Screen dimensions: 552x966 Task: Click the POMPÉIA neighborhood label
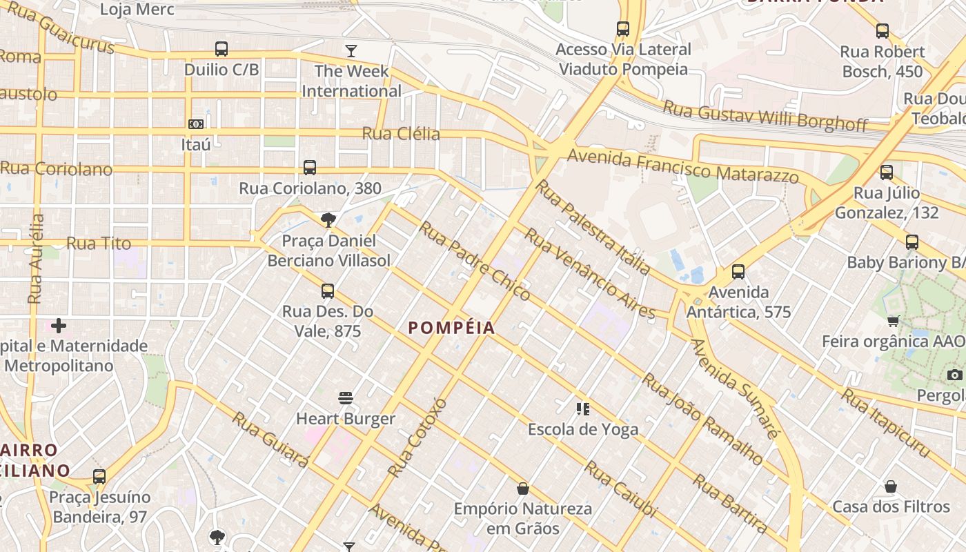(451, 328)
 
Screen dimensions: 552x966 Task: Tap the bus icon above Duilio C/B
(221, 49)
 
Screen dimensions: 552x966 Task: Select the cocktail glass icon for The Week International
(351, 50)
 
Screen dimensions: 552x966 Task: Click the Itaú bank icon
(196, 124)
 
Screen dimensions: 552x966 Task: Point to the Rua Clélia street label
(401, 133)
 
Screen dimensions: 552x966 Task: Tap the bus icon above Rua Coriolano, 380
(310, 168)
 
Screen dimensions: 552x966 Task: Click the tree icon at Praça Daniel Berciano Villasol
(328, 220)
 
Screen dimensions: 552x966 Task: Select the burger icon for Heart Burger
(346, 398)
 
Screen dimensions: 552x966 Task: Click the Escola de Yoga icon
(583, 409)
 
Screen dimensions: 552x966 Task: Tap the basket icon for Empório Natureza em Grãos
(522, 489)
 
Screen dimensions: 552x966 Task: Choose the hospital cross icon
(59, 325)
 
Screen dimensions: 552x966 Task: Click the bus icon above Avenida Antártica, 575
(738, 272)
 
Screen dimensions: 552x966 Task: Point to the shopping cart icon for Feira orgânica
(894, 321)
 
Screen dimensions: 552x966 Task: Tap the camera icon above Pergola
(954, 375)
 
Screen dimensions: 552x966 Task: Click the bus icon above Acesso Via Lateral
(623, 29)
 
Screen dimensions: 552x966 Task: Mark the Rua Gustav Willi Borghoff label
(765, 115)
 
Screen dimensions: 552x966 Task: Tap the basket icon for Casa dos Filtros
(891, 486)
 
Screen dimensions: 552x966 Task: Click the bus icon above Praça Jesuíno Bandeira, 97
(99, 477)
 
